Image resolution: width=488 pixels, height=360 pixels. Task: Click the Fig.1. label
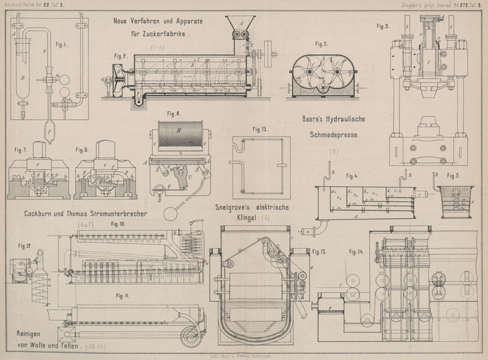click(x=61, y=44)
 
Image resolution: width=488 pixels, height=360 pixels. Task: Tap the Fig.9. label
click(x=383, y=26)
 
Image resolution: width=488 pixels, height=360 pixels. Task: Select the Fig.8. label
click(x=174, y=113)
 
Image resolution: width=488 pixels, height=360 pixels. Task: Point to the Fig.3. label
click(x=321, y=44)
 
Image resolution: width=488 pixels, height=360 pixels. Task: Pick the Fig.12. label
click(x=24, y=247)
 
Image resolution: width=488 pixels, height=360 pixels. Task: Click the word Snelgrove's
click(x=237, y=207)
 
